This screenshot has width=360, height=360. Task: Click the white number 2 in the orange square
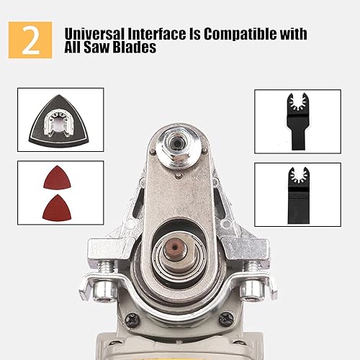(31, 41)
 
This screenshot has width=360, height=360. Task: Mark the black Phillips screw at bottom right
(228, 320)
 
